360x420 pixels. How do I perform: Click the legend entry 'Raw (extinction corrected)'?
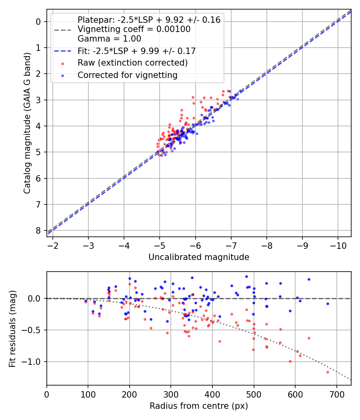[132, 63]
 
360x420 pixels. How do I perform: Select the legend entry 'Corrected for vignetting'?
[127, 75]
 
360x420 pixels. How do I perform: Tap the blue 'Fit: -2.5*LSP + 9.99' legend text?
[136, 51]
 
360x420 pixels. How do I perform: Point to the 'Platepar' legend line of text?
[149, 20]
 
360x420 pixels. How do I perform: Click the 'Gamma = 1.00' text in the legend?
[109, 39]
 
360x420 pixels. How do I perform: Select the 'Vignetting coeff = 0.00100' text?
[134, 29]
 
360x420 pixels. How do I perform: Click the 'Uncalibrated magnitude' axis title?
[199, 257]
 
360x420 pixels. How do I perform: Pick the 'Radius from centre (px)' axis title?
[199, 406]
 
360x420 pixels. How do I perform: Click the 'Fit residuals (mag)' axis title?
[12, 328]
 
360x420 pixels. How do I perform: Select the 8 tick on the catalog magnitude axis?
[38, 230]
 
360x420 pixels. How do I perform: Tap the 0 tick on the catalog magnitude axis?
[38, 22]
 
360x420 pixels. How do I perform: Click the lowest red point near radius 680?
[328, 372]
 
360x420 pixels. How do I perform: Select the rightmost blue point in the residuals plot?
[328, 304]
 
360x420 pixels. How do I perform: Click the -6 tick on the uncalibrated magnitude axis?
[195, 245]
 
